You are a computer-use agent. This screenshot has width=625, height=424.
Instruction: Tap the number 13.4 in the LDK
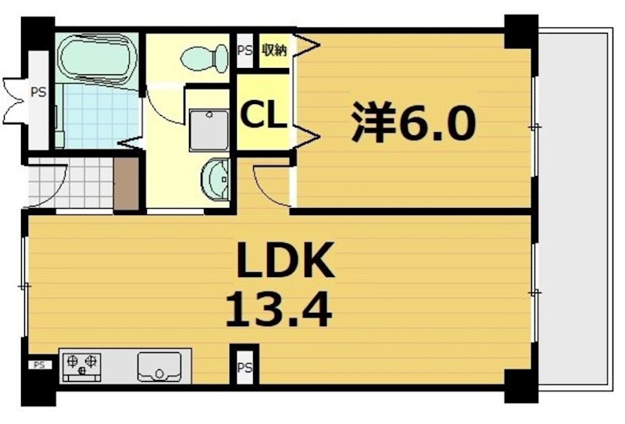pos(279,309)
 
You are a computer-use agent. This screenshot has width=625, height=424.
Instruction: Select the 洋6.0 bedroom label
pos(412,124)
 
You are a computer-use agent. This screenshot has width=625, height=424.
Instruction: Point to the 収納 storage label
pos(273,51)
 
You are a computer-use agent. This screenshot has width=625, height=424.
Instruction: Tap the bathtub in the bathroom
pos(98,58)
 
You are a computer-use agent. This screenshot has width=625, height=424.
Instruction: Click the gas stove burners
pos(82,362)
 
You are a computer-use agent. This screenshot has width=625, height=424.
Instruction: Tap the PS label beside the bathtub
pos(37,92)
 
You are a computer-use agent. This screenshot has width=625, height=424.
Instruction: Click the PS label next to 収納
pos(245,51)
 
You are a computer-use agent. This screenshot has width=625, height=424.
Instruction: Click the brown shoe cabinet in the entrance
pos(125,185)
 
